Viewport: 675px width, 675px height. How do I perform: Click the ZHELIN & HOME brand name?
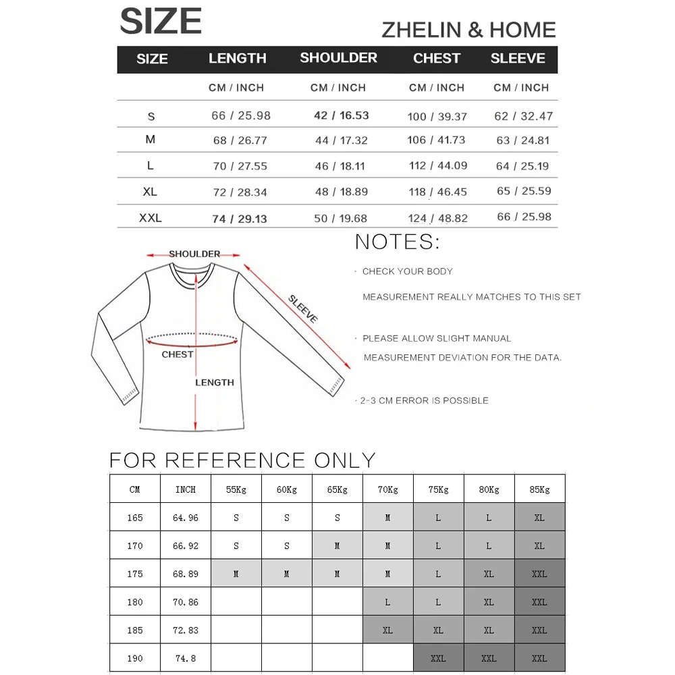468,30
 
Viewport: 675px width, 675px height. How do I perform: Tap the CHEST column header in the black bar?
437,59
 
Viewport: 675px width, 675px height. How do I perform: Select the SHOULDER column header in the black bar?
338,58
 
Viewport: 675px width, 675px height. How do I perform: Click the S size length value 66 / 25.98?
241,115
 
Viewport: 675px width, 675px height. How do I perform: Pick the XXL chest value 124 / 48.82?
437,218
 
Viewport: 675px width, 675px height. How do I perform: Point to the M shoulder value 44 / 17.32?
341,140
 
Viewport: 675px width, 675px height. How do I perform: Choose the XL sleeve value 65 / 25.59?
524,191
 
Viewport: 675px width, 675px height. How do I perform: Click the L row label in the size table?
150,165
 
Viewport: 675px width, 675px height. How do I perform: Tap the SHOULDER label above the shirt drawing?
194,254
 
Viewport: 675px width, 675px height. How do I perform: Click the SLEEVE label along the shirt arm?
302,308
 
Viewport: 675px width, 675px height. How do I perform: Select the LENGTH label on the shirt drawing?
215,382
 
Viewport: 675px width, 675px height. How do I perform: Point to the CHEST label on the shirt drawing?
178,354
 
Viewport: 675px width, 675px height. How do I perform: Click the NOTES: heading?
398,242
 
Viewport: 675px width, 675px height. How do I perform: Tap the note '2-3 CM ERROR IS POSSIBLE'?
424,400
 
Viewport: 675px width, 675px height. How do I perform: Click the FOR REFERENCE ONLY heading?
242,460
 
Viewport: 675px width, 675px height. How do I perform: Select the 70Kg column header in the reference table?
387,489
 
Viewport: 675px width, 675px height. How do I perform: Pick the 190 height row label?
135,658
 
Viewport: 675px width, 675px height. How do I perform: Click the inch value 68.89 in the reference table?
186,574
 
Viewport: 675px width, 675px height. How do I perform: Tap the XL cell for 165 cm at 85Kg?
539,518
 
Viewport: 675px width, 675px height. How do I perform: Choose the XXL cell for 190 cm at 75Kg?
438,658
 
